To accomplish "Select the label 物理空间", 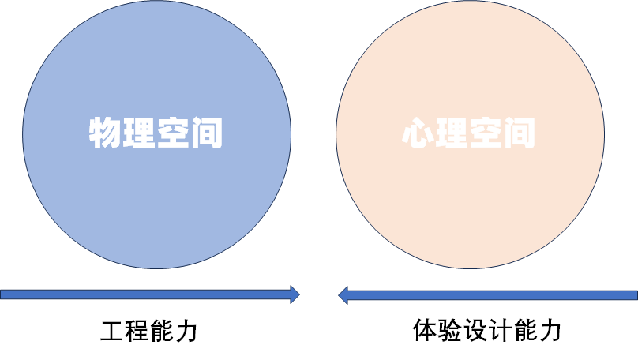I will (x=155, y=133).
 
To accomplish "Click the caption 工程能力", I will (x=149, y=330).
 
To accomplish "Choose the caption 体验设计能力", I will (x=487, y=330).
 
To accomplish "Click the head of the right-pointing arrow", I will (x=295, y=294).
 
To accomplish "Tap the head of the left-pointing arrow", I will (x=343, y=294).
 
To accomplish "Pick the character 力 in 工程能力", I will (x=186, y=330).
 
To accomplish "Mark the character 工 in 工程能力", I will (x=113, y=330).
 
